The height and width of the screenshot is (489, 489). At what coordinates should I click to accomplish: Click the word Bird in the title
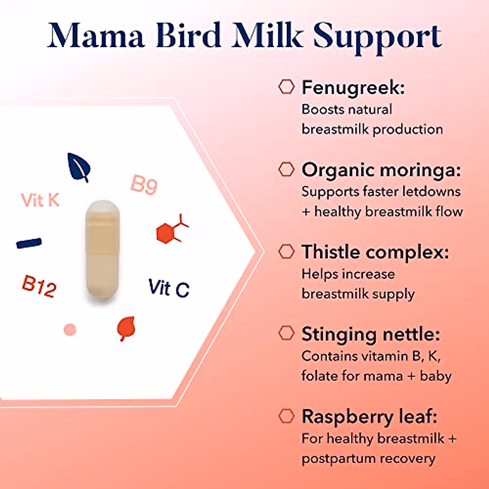(x=189, y=35)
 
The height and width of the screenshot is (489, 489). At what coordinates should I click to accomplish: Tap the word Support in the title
(x=378, y=38)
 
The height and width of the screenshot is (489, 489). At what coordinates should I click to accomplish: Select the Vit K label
(x=40, y=200)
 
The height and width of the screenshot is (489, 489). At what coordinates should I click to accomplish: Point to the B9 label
(x=144, y=185)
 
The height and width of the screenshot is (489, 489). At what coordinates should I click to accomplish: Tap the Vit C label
(x=169, y=288)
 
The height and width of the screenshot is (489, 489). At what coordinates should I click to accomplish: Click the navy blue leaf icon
(x=79, y=167)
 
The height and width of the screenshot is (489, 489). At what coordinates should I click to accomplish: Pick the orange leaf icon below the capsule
(x=126, y=328)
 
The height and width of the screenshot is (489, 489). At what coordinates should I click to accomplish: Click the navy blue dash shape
(x=29, y=243)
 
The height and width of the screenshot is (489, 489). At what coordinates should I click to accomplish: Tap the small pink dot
(x=70, y=330)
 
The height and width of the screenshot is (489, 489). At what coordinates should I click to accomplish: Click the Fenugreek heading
(x=353, y=87)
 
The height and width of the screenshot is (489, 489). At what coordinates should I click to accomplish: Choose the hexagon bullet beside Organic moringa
(x=286, y=169)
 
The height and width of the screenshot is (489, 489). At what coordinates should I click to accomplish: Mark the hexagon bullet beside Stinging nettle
(x=286, y=333)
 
